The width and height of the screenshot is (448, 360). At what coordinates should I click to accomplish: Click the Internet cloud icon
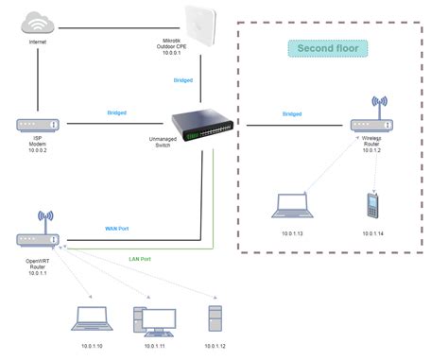tap(39, 21)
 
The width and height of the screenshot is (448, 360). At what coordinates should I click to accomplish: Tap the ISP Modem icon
tap(39, 124)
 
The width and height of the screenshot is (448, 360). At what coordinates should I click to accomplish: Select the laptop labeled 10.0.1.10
tap(91, 319)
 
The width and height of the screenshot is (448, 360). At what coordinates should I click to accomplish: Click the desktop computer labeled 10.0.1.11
tap(154, 319)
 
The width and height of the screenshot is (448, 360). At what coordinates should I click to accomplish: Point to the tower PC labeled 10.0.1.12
tap(217, 317)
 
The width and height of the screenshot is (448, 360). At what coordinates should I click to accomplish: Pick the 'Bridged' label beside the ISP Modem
tap(118, 112)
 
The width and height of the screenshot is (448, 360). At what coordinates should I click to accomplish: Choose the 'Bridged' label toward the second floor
tap(292, 113)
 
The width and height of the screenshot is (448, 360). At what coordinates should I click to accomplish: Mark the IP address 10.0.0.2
tap(39, 149)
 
